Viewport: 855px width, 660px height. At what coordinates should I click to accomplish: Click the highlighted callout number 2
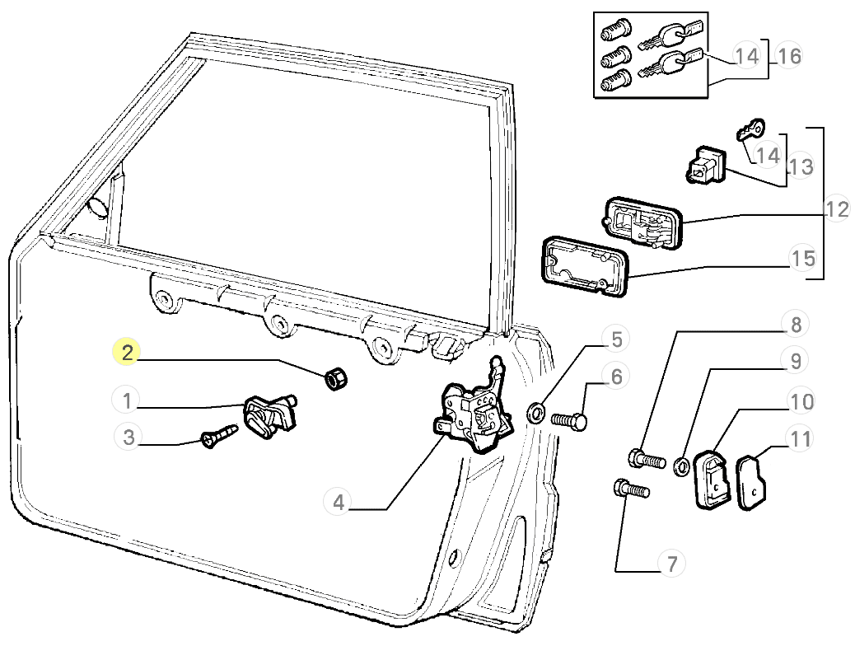click(127, 354)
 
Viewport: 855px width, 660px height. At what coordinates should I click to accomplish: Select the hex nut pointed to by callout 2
click(335, 380)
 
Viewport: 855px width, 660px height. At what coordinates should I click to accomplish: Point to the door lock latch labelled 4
click(473, 414)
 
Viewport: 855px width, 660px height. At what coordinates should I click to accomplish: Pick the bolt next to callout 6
click(569, 420)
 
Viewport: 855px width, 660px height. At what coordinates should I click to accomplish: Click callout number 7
click(671, 564)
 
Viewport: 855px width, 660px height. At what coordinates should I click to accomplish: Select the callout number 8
click(796, 325)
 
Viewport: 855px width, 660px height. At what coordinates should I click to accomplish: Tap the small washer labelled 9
click(681, 467)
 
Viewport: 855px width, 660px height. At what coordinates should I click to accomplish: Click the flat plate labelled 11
click(751, 483)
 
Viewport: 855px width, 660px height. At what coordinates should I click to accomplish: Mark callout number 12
click(837, 209)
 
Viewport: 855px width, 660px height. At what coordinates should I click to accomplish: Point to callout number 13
click(800, 167)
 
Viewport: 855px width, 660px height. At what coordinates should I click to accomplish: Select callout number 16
click(788, 56)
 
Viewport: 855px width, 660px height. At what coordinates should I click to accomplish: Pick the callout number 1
click(127, 401)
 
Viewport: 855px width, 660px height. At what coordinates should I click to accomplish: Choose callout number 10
click(801, 402)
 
